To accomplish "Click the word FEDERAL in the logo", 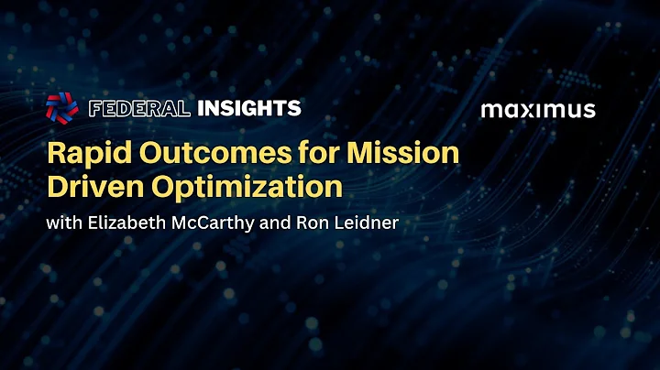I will [x=139, y=109].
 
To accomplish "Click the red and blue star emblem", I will [x=62, y=109].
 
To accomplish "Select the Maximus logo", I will [x=538, y=111].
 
